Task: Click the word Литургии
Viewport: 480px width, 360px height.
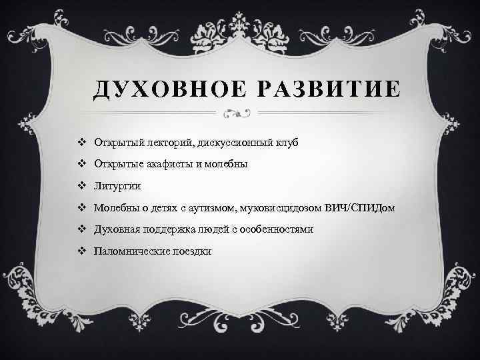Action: [x=117, y=187]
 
